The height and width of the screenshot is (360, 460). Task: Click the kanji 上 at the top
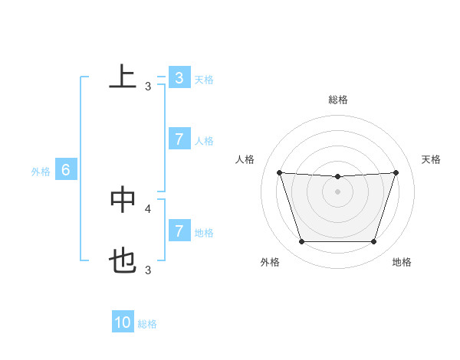123,77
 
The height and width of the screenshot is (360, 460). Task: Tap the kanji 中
123,199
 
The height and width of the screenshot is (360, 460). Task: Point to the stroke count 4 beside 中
148,208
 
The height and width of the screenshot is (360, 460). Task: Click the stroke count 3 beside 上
148,87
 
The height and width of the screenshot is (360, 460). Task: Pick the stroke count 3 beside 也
148,270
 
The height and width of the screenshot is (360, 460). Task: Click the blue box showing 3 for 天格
179,78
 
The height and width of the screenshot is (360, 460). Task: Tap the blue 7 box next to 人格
179,139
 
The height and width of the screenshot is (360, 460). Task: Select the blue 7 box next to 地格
179,231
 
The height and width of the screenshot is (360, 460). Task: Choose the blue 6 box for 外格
66,171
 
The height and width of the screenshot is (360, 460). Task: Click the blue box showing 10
123,322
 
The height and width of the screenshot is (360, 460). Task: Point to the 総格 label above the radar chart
338,100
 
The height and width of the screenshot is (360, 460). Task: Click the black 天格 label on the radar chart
432,159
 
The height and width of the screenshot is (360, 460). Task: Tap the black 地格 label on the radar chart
402,263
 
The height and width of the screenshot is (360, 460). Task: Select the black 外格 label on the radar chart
270,263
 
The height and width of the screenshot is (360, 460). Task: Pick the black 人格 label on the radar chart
245,159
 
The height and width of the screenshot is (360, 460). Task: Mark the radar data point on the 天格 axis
396,172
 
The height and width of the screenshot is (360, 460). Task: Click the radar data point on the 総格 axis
337,177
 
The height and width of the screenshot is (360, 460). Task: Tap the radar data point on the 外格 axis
301,242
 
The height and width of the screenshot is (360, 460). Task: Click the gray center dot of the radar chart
337,191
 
